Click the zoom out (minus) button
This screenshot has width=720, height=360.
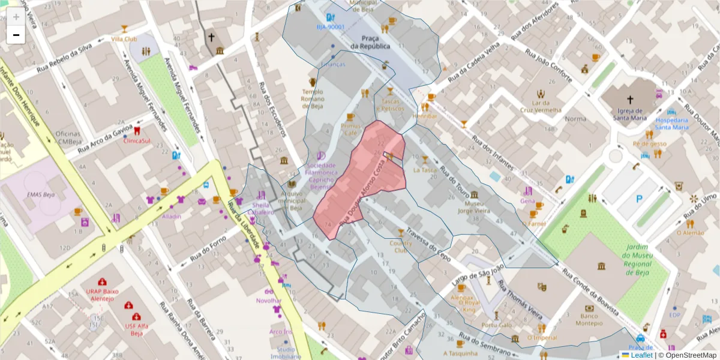coord(16,35)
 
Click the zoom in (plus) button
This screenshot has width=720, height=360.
coord(16,17)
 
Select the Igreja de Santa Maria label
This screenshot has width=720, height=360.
coord(629,114)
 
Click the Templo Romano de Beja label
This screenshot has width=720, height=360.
coord(313,99)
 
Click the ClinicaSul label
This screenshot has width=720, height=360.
coord(137,141)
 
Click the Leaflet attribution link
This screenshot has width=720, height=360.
coord(641,355)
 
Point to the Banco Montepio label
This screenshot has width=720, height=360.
coord(589,319)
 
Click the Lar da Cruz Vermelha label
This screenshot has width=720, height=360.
coord(541,106)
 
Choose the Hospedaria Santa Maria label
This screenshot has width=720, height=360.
coord(671,123)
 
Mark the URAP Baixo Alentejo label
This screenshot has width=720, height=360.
coord(103,294)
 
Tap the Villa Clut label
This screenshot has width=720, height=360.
coord(124,38)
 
